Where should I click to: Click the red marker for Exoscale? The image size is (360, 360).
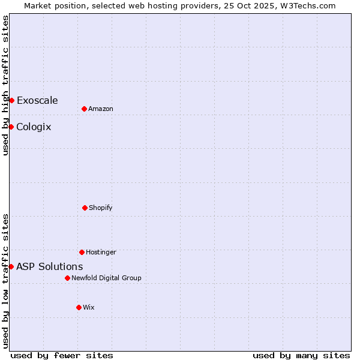click(11, 100)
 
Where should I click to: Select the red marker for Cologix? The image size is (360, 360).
click(11, 127)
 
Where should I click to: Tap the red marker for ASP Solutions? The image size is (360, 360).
click(11, 266)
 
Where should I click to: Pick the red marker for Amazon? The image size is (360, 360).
click(84, 109)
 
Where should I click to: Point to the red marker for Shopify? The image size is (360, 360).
click(85, 208)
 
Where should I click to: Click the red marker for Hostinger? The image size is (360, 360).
click(82, 252)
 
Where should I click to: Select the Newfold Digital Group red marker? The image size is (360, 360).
click(67, 278)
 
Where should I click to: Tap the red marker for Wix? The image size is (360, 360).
click(79, 307)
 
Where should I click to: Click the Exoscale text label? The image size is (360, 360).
click(37, 100)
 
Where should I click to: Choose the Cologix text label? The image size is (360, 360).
click(34, 127)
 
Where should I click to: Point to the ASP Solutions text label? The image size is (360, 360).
click(49, 266)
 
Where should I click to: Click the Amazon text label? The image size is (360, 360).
click(101, 109)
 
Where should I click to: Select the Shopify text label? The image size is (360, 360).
click(101, 208)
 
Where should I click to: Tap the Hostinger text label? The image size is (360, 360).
click(101, 252)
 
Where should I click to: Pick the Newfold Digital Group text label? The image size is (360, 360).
click(106, 278)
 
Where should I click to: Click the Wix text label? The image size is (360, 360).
click(89, 307)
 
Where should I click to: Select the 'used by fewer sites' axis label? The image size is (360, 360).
click(62, 355)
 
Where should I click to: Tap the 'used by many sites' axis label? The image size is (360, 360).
click(301, 355)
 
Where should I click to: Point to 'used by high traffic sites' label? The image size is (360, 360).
click(5, 85)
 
